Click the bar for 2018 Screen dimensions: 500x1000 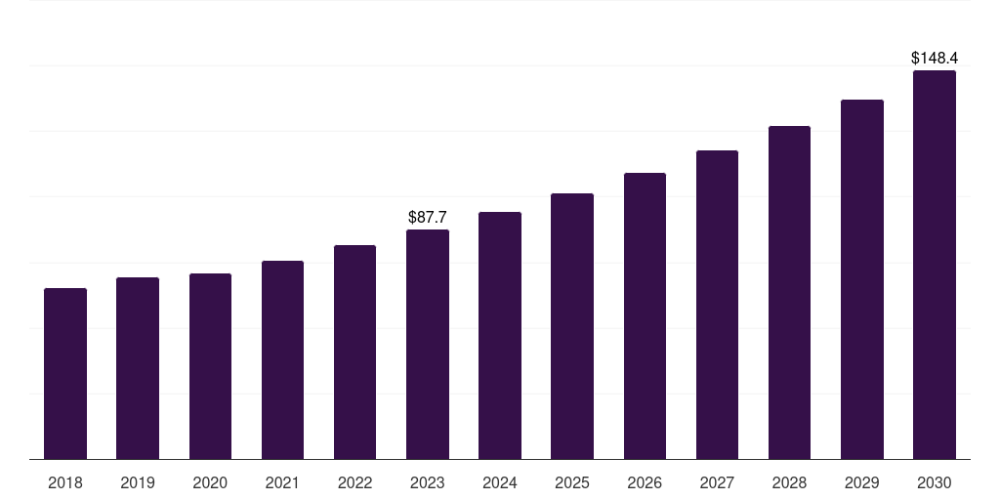tap(65, 373)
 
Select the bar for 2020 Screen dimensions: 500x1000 tap(210, 366)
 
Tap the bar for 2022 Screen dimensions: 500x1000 tap(354, 352)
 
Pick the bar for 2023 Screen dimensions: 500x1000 tap(428, 344)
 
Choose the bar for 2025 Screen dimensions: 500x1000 tap(572, 326)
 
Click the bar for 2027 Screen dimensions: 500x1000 tap(717, 305)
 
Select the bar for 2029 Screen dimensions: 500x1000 tap(862, 279)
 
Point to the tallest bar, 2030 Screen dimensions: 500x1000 tap(935, 265)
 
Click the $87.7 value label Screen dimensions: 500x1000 tap(428, 217)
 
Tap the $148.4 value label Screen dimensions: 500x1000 tap(935, 59)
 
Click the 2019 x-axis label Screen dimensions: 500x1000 tap(138, 482)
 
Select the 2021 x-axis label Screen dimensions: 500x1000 tap(282, 482)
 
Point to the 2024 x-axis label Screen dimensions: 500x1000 tap(500, 482)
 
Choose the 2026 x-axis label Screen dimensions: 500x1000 tap(645, 482)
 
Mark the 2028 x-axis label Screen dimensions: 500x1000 tap(789, 482)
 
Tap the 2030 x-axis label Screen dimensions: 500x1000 tap(935, 482)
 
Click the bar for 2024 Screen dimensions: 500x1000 tap(500, 335)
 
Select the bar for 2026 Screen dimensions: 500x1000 tap(645, 315)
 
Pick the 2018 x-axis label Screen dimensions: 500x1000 tap(65, 482)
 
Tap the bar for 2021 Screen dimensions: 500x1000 tap(282, 359)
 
